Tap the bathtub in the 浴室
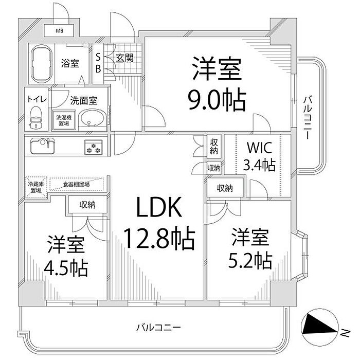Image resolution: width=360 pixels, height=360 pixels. (42, 64)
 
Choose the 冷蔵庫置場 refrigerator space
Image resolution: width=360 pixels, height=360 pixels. (36, 186)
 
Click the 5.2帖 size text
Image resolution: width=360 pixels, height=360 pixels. (250, 261)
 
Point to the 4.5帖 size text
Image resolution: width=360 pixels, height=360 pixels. (66, 267)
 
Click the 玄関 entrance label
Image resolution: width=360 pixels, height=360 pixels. (124, 58)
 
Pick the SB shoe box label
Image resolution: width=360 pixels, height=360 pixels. (98, 63)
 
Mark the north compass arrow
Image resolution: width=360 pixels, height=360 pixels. (319, 325)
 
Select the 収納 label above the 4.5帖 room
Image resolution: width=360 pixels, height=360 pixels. (87, 205)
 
